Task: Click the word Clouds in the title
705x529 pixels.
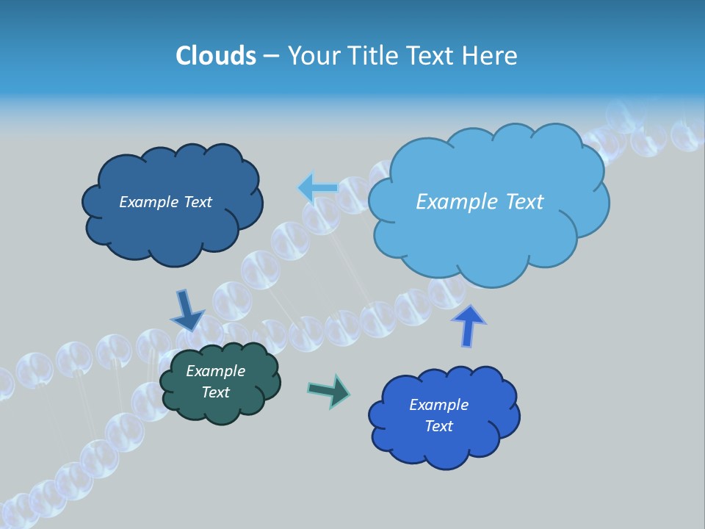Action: [x=216, y=56]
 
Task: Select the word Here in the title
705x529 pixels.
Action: [x=491, y=56]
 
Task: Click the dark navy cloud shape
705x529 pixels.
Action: [x=172, y=220]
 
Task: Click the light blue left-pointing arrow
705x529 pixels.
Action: [x=318, y=189]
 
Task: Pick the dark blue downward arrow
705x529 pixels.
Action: [x=187, y=311]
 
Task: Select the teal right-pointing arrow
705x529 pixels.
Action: [x=329, y=390]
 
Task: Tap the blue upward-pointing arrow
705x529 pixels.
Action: [x=469, y=325]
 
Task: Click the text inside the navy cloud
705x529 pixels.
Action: [x=165, y=202]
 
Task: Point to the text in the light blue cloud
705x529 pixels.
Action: [x=480, y=201]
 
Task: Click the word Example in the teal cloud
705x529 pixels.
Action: [x=215, y=371]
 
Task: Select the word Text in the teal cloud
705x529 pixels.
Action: [x=215, y=392]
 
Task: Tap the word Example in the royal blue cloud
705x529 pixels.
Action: [x=438, y=405]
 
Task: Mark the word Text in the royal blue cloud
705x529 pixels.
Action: [x=438, y=426]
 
